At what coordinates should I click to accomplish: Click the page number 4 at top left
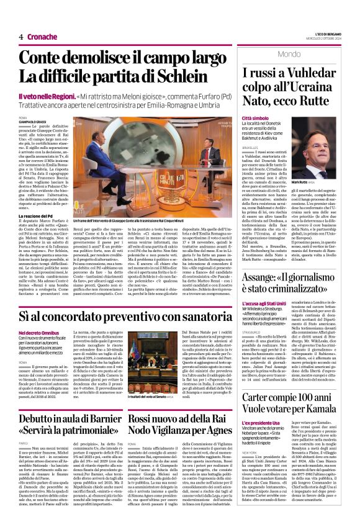(x=21, y=37)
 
